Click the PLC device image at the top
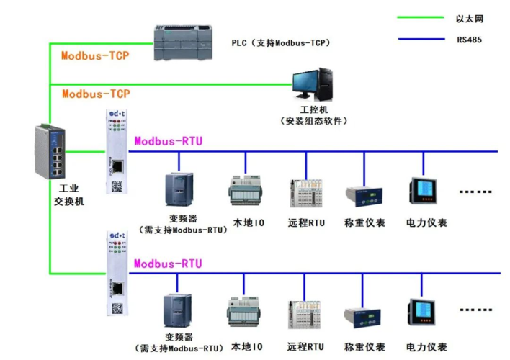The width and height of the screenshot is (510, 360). pos(184,44)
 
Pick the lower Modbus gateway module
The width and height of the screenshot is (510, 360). pos(115,272)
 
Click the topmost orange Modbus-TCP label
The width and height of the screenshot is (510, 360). pos(95,55)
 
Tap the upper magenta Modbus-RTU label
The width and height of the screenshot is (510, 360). pos(168,141)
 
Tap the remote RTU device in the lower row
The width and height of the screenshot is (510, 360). pos(306,314)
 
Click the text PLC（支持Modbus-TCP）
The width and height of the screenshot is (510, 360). pos(280,43)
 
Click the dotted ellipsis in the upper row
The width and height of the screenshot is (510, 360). pos(477,192)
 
